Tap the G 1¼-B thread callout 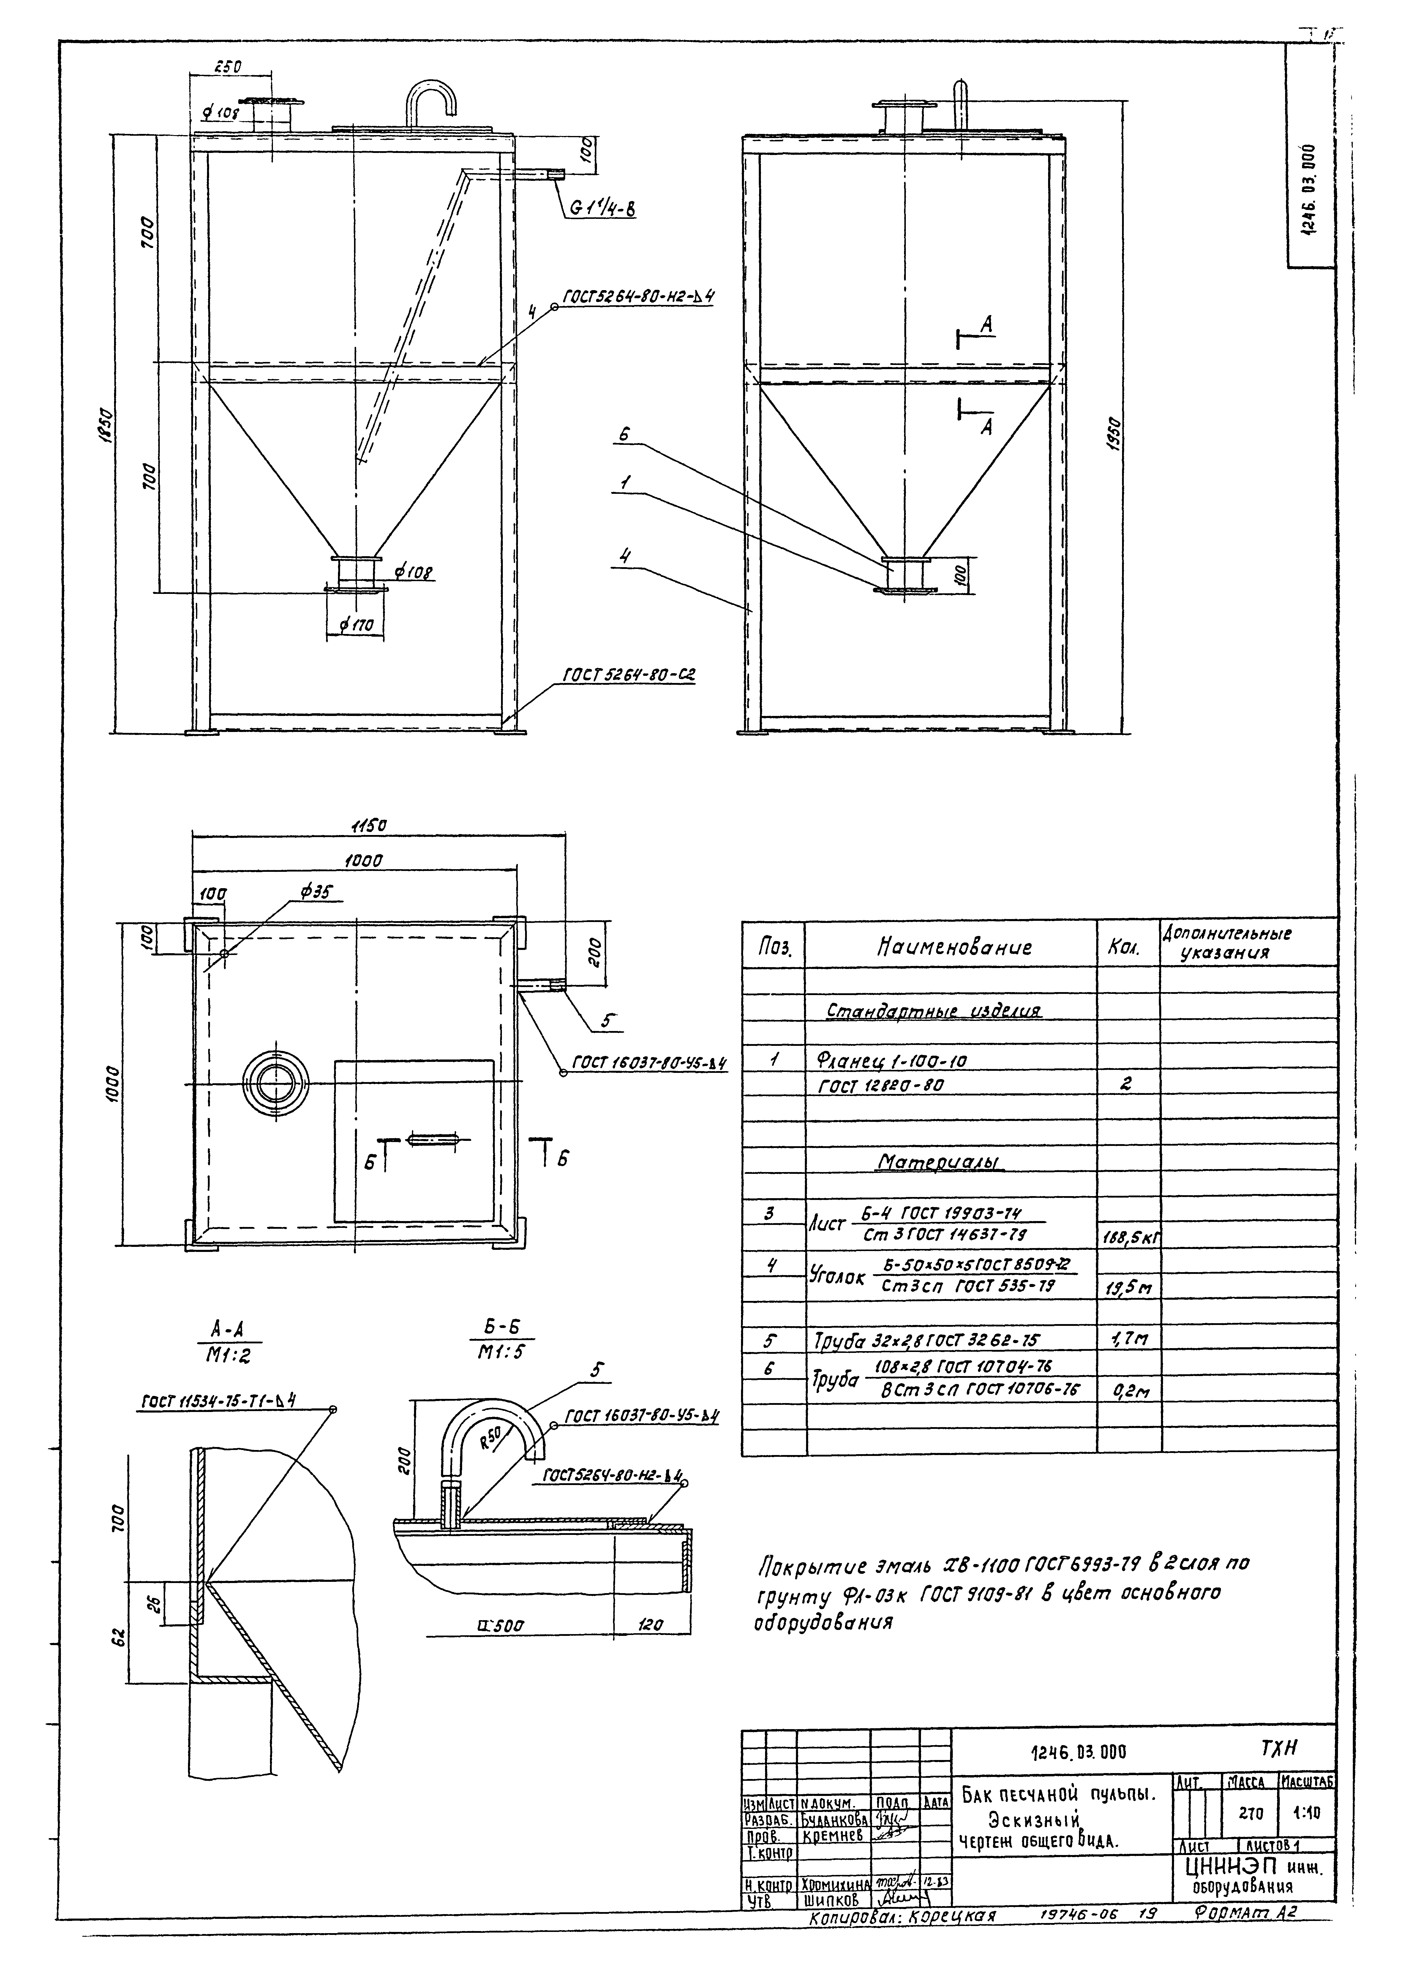602,208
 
